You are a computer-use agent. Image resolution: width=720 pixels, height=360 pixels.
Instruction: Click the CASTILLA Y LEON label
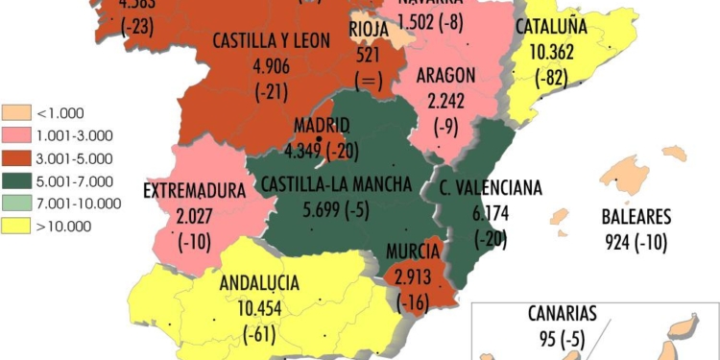[272, 41]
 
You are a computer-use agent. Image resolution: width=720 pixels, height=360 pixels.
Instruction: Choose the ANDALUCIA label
[259, 283]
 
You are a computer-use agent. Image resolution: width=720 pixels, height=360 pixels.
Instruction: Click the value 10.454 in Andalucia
[260, 308]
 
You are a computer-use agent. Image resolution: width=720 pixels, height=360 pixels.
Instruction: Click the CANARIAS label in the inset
[563, 313]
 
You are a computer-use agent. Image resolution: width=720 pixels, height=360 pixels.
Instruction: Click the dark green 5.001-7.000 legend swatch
[15, 180]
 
